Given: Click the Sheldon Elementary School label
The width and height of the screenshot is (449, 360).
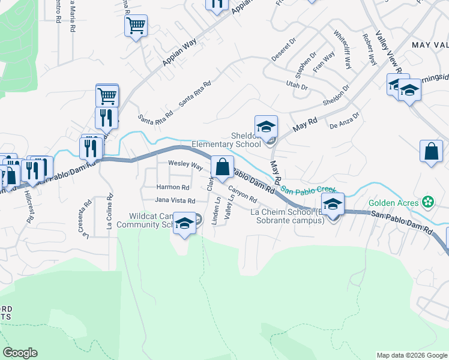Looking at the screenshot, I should [x=226, y=140].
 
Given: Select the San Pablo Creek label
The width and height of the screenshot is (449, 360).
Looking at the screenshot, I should [x=308, y=191].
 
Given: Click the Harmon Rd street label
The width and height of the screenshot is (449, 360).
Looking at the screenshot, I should [x=173, y=187].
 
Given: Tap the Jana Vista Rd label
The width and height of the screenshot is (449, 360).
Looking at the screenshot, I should [x=175, y=200].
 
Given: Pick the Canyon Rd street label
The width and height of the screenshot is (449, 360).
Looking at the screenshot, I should [x=243, y=193].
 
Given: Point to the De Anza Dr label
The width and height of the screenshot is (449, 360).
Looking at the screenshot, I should [x=344, y=121].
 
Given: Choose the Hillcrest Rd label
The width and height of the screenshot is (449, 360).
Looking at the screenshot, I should [x=28, y=208].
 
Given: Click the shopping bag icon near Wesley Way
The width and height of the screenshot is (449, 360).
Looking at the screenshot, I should [x=222, y=167].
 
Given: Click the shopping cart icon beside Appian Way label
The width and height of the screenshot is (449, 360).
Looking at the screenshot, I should [x=136, y=26].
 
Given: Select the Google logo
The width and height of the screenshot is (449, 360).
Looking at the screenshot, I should [x=20, y=353].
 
